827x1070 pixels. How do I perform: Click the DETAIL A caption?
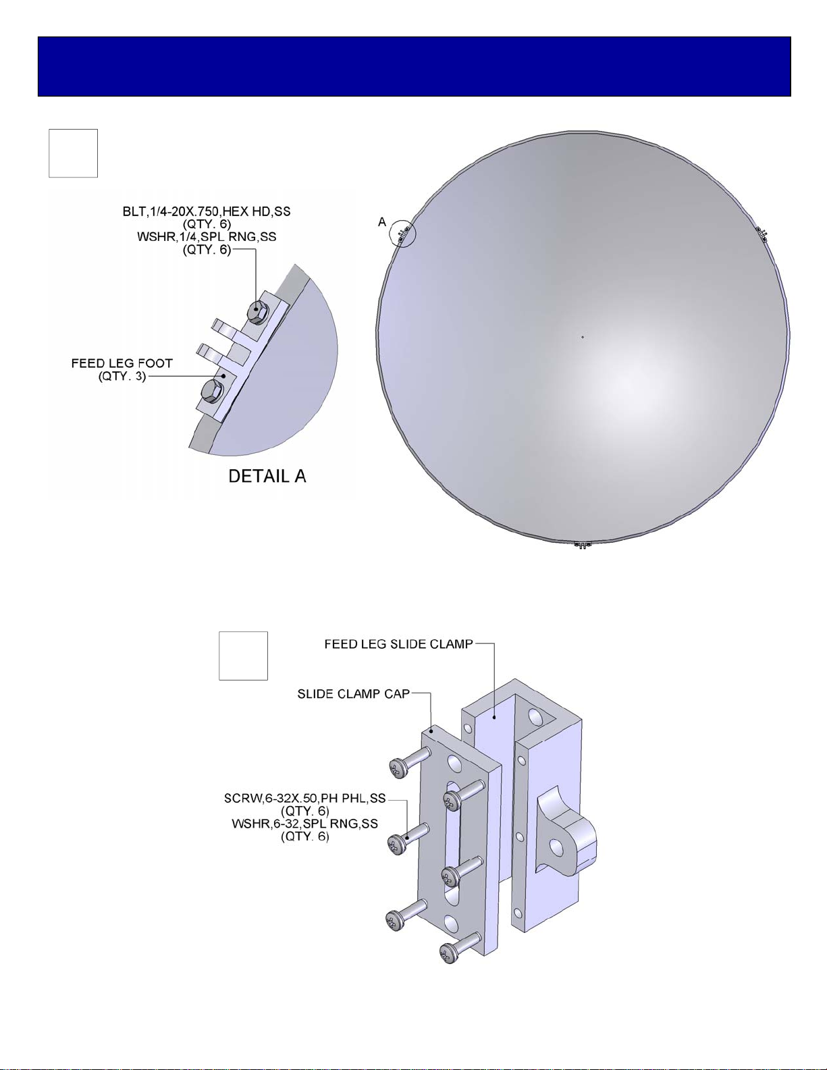(x=267, y=476)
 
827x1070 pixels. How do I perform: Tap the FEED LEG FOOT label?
(x=122, y=364)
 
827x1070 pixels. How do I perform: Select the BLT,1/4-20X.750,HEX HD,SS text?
(x=207, y=212)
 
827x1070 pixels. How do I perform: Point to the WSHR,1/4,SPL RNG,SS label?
(x=207, y=237)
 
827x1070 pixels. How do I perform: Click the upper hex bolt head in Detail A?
(x=257, y=312)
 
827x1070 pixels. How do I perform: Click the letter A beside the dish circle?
(x=382, y=223)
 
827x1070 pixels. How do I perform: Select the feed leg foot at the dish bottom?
(x=582, y=544)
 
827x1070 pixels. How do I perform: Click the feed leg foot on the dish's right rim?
(x=762, y=234)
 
